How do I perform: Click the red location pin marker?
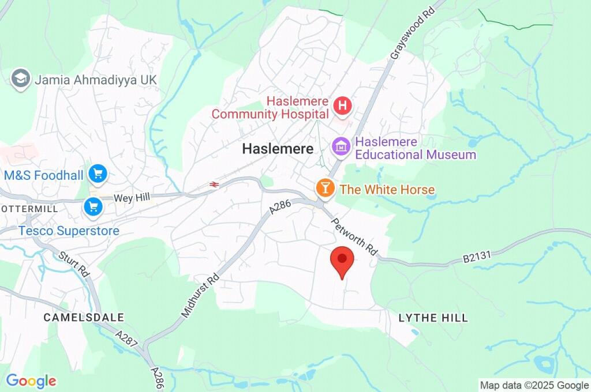(342, 261)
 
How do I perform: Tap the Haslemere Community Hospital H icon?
(342, 105)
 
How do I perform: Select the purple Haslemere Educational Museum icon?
(342, 146)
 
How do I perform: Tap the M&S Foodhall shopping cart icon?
(98, 173)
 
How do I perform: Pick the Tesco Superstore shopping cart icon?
(92, 206)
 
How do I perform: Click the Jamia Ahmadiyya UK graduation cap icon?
(21, 79)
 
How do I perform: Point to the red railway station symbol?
(214, 184)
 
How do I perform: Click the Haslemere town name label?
(278, 149)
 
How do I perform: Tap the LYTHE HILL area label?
(433, 318)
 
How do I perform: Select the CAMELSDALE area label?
(84, 318)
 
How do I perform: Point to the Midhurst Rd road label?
(200, 296)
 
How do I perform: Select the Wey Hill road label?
(132, 198)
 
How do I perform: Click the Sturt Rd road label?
(74, 264)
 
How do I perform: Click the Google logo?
(31, 380)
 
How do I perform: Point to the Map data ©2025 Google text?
(534, 385)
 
